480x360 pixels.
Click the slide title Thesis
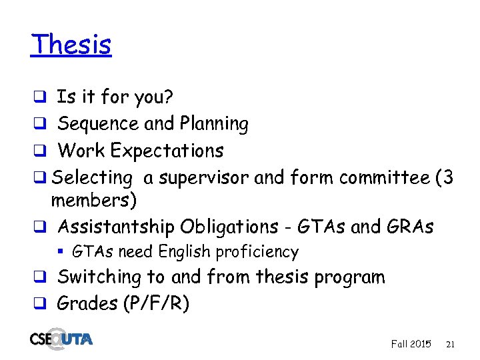tap(71, 45)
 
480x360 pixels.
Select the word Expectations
tap(167, 151)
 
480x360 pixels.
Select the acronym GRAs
tap(410, 227)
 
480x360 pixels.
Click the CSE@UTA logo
tap(61, 339)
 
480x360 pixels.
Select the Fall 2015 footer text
tap(411, 344)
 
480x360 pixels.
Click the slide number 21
tap(449, 344)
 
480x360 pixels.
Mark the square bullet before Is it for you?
tap(39, 97)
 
